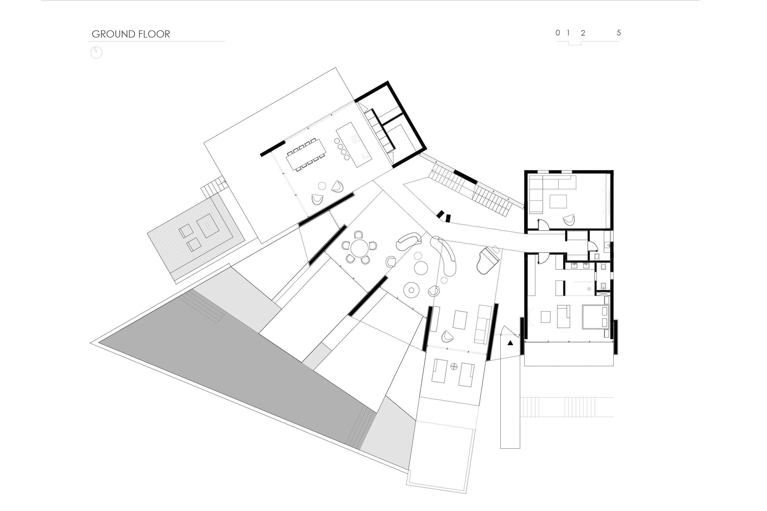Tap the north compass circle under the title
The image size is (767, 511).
(x=96, y=52)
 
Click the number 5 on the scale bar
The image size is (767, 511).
(x=619, y=32)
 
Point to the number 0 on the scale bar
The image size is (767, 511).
(x=558, y=32)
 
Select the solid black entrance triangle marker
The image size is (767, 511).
(x=510, y=343)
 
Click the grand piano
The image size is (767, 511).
(x=488, y=260)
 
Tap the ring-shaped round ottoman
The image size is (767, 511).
(x=411, y=290)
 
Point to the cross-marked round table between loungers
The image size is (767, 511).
(x=454, y=367)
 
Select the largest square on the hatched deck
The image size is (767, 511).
(x=208, y=225)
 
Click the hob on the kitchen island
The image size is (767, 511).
(x=355, y=139)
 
